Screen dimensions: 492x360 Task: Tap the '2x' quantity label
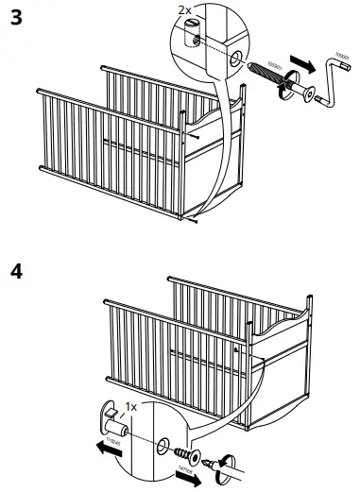[186, 10]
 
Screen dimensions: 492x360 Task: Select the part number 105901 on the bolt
[271, 72]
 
